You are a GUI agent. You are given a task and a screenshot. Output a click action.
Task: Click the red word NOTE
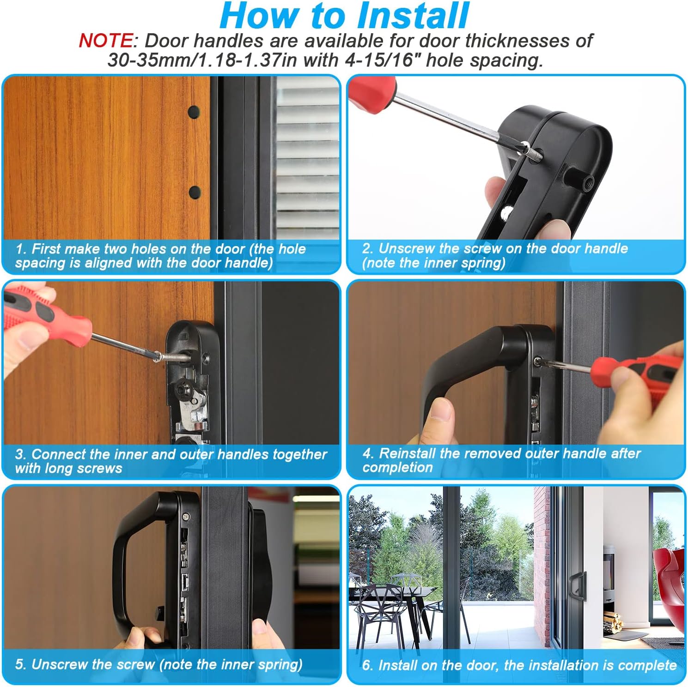(105, 41)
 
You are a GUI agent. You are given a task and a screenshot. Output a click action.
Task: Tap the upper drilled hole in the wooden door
(194, 111)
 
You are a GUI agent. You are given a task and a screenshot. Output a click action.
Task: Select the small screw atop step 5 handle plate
(186, 516)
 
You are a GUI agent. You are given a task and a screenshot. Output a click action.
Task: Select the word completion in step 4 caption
(397, 468)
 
